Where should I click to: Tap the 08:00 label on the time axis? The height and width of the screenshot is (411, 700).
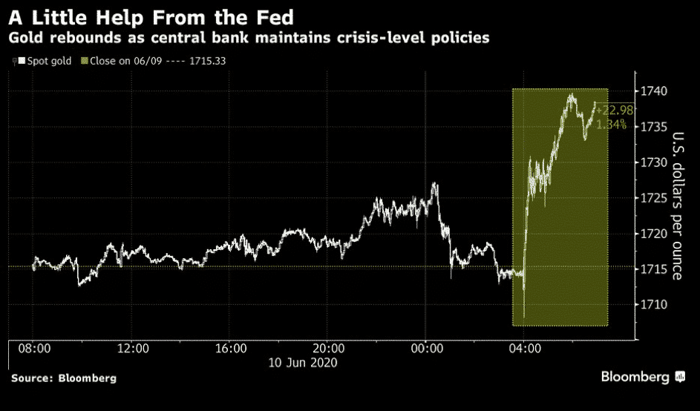(x=34, y=348)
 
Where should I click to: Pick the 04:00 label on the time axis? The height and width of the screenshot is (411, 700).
(x=524, y=348)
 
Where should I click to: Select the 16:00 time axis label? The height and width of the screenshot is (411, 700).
(x=230, y=348)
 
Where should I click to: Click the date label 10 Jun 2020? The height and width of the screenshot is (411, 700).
(x=304, y=363)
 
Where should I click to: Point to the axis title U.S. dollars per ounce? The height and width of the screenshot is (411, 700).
(x=677, y=205)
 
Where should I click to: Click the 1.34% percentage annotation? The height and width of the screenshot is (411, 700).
(x=612, y=125)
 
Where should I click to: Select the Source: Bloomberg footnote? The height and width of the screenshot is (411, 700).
(x=63, y=378)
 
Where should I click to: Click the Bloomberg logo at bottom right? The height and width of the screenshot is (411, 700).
(x=643, y=378)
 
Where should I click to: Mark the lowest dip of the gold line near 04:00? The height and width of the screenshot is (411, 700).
(x=524, y=317)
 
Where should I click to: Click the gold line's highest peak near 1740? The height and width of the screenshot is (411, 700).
(x=571, y=94)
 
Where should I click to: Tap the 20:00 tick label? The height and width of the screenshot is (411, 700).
(x=328, y=348)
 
